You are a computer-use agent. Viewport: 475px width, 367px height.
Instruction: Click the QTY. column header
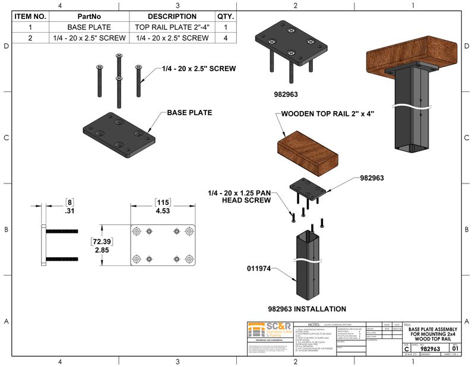click(x=226, y=17)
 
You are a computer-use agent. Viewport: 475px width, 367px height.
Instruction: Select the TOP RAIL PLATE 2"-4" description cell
click(x=172, y=27)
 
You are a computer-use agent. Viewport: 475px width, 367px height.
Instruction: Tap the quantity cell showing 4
click(x=226, y=38)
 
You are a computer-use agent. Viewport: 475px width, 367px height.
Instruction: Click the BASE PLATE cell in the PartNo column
click(x=88, y=27)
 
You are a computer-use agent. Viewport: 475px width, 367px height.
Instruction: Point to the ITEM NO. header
click(x=30, y=17)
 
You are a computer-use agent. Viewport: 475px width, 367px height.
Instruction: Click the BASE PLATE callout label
click(x=189, y=112)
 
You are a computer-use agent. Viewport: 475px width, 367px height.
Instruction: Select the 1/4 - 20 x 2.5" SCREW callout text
click(x=199, y=69)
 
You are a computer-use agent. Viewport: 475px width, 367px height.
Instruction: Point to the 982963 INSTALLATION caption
click(x=307, y=309)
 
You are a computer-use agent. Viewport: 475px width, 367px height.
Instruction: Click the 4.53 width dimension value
click(x=163, y=210)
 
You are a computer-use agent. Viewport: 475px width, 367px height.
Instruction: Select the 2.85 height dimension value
click(x=102, y=251)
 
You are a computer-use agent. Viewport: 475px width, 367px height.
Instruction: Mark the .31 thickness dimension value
click(x=69, y=210)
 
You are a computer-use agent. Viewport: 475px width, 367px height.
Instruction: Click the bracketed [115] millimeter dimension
click(x=163, y=202)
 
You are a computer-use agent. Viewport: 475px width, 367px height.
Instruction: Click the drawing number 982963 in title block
click(x=430, y=349)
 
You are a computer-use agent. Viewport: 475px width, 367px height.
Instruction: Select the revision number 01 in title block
click(x=455, y=349)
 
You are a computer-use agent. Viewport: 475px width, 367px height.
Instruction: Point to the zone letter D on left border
click(x=6, y=46)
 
